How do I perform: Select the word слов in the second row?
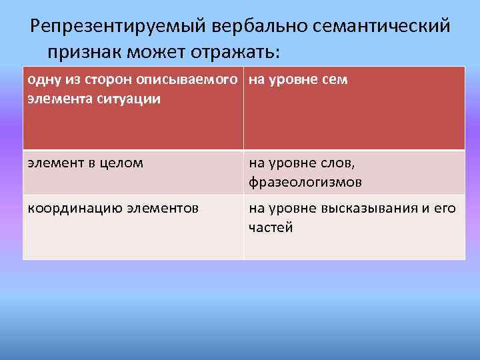343,163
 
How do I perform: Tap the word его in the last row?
447,209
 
